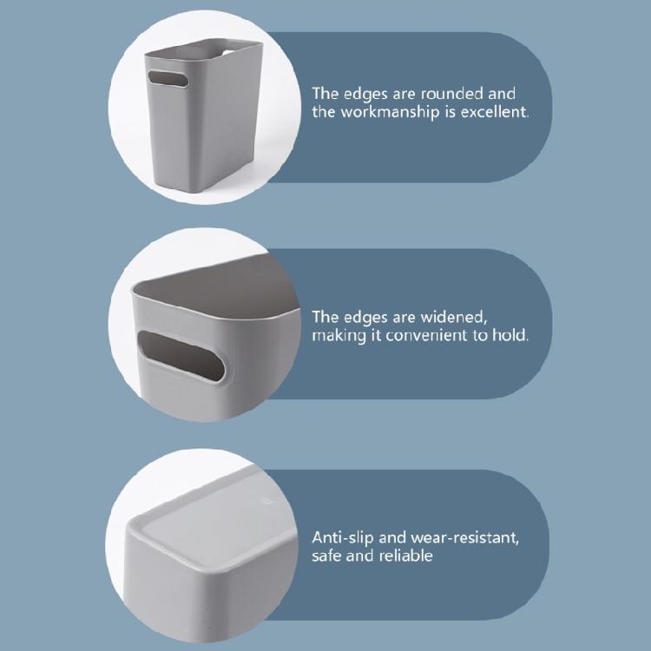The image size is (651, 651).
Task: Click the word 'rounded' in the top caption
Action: (452, 94)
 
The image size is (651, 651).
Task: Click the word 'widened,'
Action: (453, 317)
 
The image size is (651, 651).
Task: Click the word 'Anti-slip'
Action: (343, 538)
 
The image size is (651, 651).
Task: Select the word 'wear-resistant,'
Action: (464, 538)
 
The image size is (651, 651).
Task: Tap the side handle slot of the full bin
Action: (168, 79)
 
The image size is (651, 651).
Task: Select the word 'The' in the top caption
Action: (325, 94)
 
